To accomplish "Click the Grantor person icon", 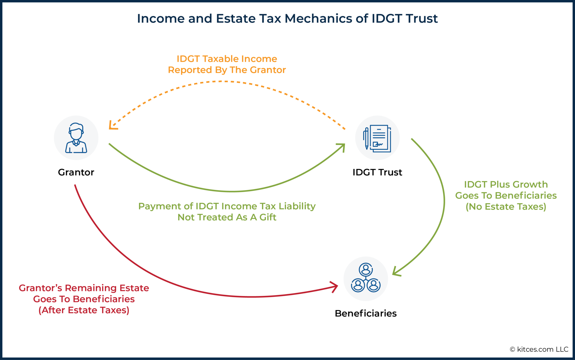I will (76, 138).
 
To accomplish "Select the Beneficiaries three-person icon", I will (366, 278).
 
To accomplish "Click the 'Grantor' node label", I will (76, 172).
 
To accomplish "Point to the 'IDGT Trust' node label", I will (377, 172).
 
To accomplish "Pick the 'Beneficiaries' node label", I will (366, 313).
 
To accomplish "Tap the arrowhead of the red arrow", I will (335, 286).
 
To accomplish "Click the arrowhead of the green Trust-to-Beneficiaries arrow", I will (395, 272).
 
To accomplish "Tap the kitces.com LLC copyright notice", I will (539, 349).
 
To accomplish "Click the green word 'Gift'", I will (268, 217).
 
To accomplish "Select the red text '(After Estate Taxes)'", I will (84, 310).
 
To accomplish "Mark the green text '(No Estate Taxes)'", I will (506, 207).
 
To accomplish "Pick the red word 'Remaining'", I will (91, 288).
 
